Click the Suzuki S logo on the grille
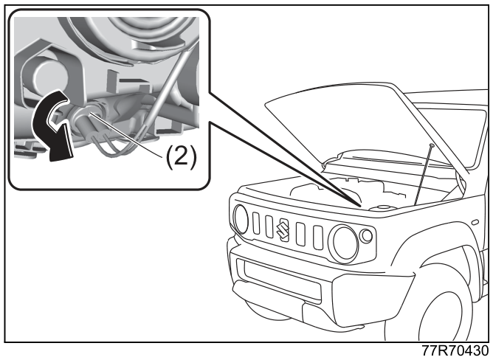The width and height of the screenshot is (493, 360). click(x=283, y=230)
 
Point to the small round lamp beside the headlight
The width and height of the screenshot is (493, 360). click(x=365, y=236)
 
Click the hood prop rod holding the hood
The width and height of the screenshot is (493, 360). click(x=423, y=175)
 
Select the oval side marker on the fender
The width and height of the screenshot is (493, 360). click(x=475, y=222)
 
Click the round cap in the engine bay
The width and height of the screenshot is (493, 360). click(x=382, y=207)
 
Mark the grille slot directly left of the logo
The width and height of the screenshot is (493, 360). click(x=269, y=226)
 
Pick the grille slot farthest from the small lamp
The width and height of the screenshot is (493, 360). click(x=256, y=224)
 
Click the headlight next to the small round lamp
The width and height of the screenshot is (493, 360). click(x=344, y=244)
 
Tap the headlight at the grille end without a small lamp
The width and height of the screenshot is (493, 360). click(x=241, y=219)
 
